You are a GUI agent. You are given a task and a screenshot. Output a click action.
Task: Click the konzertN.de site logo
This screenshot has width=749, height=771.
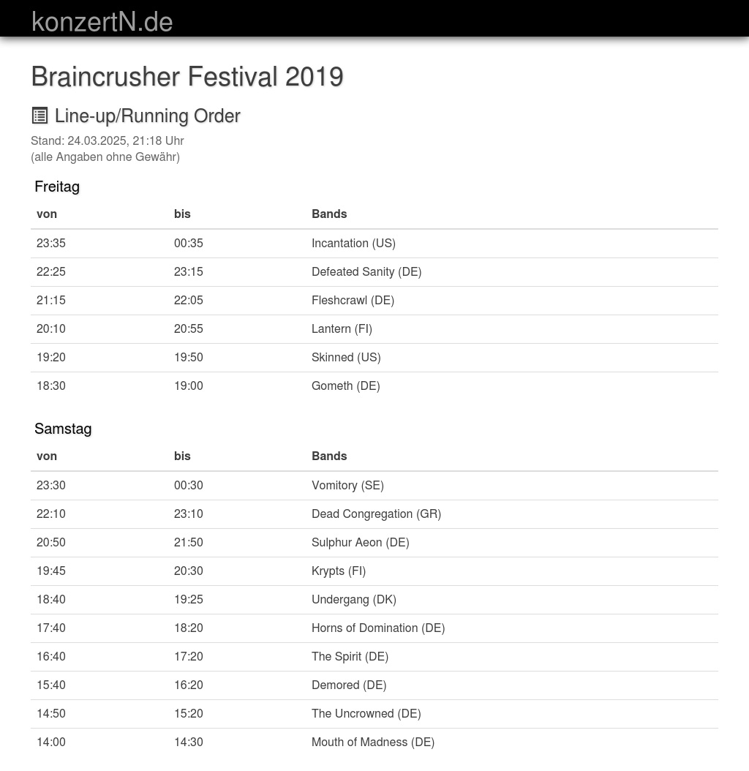[102, 21]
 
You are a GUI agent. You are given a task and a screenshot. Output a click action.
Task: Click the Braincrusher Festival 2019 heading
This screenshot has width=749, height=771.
[187, 77]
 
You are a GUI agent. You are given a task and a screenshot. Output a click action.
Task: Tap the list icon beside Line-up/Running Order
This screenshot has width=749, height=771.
[40, 116]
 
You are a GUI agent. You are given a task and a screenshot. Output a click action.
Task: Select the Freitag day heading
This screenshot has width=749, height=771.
[57, 187]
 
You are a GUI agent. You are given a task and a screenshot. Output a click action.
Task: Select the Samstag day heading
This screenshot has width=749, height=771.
[63, 429]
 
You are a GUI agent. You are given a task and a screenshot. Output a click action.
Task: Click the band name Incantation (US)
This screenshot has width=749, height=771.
[353, 243]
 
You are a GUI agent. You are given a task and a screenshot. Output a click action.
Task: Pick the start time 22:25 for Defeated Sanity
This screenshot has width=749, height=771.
[51, 271]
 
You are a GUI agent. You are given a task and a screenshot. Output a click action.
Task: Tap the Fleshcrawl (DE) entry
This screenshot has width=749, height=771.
[353, 300]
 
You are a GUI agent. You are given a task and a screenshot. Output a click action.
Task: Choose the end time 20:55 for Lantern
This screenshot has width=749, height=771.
[189, 328]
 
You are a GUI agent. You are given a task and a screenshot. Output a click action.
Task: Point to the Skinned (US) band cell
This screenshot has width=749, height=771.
[346, 357]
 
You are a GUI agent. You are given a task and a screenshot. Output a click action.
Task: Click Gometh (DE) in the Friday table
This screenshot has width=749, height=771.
[345, 385]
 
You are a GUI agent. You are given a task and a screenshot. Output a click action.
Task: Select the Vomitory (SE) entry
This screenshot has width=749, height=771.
[347, 485]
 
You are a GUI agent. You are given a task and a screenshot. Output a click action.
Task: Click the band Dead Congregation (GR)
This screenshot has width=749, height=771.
[376, 514]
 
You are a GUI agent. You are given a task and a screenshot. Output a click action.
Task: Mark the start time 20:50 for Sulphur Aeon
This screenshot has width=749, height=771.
[51, 542]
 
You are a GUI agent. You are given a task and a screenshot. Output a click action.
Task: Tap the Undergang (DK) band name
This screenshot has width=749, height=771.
[353, 599]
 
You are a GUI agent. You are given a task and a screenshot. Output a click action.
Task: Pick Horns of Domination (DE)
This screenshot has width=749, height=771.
[377, 628]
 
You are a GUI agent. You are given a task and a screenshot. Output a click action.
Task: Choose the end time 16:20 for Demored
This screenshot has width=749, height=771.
[189, 685]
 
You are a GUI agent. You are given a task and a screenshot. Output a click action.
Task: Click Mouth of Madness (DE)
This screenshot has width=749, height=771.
[372, 742]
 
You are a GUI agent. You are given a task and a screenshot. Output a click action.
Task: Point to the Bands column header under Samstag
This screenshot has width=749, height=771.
[329, 456]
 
